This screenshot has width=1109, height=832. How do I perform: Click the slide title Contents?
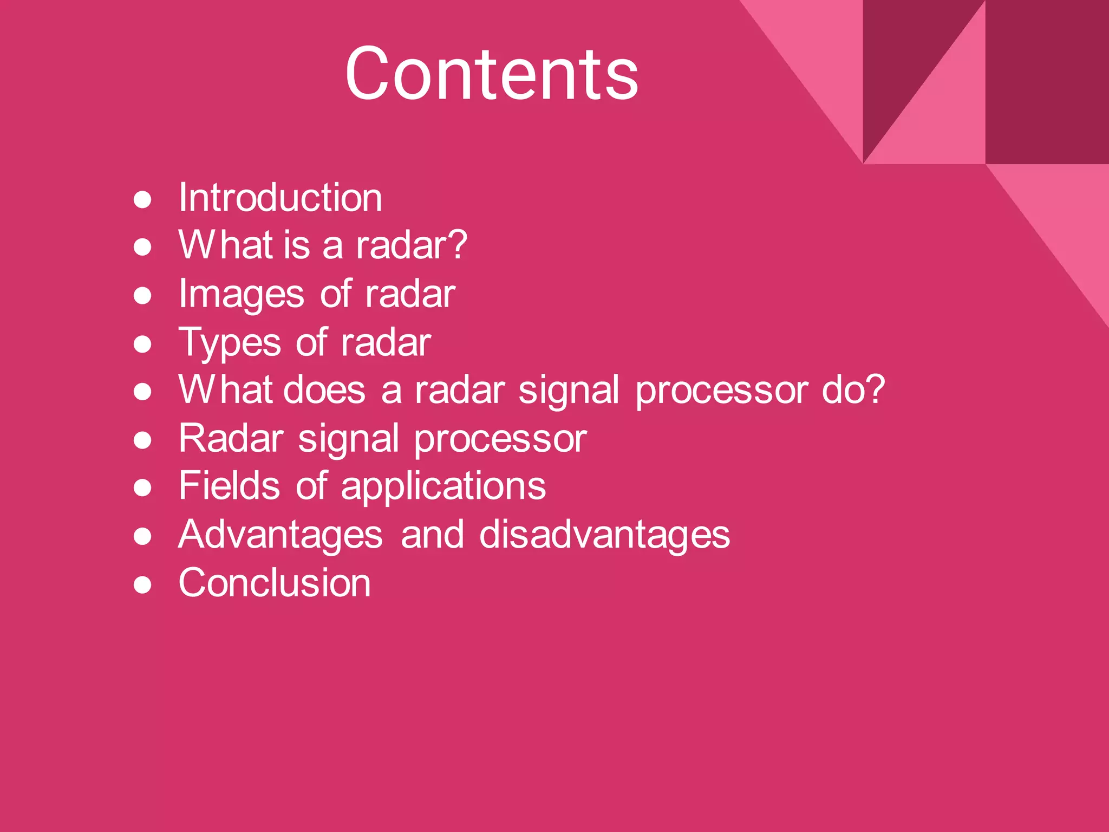tap(492, 74)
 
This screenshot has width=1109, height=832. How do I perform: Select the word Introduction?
tap(280, 198)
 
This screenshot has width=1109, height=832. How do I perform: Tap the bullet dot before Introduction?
tap(142, 199)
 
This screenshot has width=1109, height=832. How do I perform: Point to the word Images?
tap(241, 295)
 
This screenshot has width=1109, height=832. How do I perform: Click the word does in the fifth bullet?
tap(324, 390)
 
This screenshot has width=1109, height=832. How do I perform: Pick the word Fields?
tap(229, 486)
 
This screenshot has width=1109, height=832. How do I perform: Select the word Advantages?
tap(280, 535)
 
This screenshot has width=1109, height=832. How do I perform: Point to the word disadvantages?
tap(604, 535)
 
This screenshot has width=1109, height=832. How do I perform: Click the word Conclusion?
tap(275, 583)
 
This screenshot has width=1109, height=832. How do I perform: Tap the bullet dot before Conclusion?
tap(142, 585)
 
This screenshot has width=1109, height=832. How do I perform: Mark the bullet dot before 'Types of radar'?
tap(142, 344)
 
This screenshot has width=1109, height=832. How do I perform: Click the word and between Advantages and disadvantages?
tap(432, 535)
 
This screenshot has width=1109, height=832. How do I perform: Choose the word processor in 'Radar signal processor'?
tap(500, 439)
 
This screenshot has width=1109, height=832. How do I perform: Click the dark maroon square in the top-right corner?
tap(1047, 81)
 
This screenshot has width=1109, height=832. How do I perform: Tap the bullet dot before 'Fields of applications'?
tap(142, 488)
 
